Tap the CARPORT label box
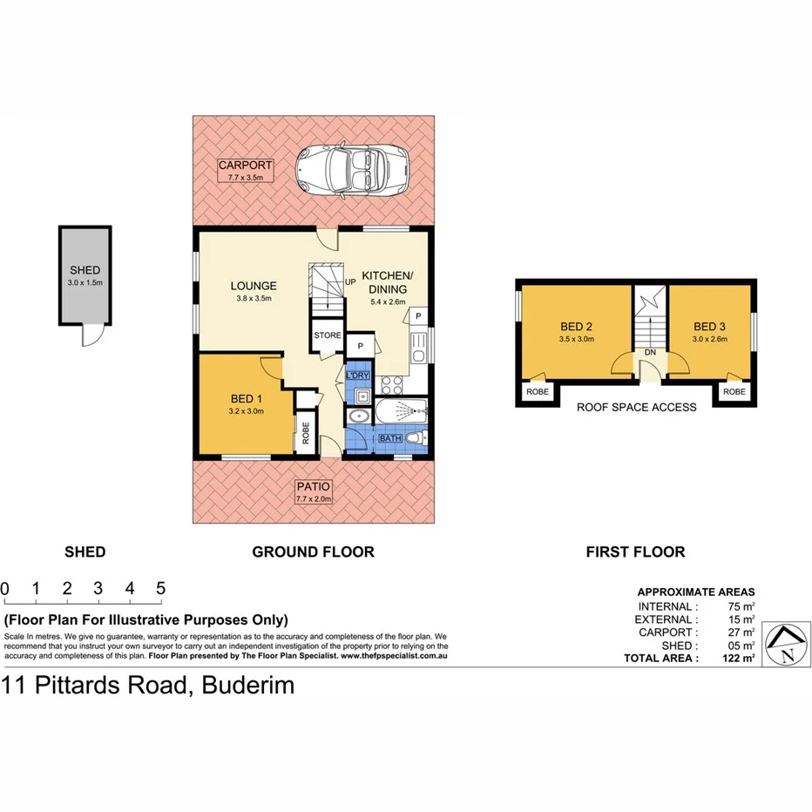[x=246, y=170]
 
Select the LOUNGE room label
[x=254, y=286]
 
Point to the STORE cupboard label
[x=328, y=335]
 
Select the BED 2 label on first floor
[x=576, y=328]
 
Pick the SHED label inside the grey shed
[x=85, y=270]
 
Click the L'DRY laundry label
[x=357, y=376]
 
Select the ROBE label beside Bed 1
[x=306, y=433]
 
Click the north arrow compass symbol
[x=787, y=644]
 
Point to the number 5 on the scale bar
[x=161, y=588]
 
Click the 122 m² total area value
[x=736, y=659]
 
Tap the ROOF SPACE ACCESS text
[x=637, y=407]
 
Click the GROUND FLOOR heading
[x=313, y=551]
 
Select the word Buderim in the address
[x=248, y=686]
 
